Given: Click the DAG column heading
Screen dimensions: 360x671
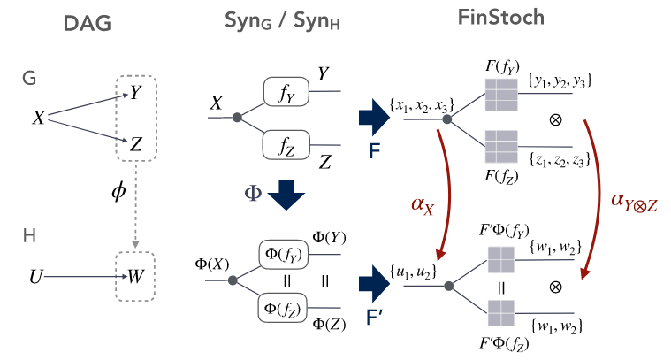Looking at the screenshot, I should pyautogui.click(x=88, y=24).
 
